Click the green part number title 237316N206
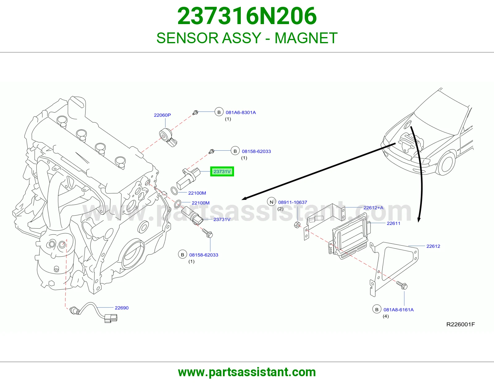(x=247, y=16)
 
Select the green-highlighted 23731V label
(x=222, y=171)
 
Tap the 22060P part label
(x=162, y=115)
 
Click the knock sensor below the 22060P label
(x=168, y=137)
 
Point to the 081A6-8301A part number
(x=241, y=112)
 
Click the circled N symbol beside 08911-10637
(x=271, y=202)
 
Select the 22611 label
(x=394, y=223)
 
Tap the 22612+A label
(x=373, y=208)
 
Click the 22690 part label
(x=122, y=308)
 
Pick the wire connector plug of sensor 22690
(x=111, y=318)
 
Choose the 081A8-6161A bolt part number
(x=399, y=309)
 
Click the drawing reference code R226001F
(x=461, y=324)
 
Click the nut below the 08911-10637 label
(x=297, y=225)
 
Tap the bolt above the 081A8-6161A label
(x=402, y=285)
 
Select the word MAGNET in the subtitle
(x=306, y=38)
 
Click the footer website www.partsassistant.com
(x=247, y=372)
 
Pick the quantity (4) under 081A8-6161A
(x=386, y=316)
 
